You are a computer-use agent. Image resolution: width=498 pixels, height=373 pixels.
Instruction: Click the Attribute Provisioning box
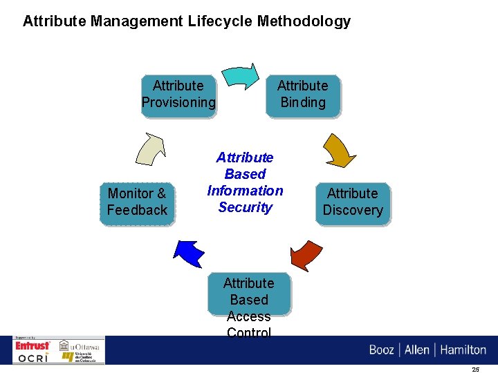point(178,95)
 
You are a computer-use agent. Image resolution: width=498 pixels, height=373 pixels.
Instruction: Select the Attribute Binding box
point(302,95)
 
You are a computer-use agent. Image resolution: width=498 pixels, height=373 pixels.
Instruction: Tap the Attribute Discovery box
point(353,202)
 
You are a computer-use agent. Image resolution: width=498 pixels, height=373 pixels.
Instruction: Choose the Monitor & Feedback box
point(137,202)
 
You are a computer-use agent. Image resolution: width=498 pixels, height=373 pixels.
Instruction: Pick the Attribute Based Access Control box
point(249,304)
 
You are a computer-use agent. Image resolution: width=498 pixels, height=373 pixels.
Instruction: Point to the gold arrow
point(339,149)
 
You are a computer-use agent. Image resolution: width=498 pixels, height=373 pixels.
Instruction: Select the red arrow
point(307,252)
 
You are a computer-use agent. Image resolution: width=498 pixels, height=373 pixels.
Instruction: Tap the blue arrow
point(190,253)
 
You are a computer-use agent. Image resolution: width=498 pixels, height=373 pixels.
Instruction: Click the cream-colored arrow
point(151,148)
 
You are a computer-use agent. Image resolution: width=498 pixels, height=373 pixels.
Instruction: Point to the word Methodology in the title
point(304,21)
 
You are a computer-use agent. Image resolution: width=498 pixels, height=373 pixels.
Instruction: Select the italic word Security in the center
point(245,207)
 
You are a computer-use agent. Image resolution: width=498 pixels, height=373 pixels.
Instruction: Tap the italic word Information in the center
point(245,191)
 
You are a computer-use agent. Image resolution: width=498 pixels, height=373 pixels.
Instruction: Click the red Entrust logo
point(33,345)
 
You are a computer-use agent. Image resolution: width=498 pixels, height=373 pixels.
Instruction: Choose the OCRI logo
point(33,357)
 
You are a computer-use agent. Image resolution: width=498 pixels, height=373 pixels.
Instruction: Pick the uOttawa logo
point(79,345)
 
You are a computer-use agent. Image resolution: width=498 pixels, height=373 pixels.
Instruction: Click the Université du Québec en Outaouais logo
point(79,357)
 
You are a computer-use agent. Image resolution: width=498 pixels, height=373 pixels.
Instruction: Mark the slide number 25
point(476,370)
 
